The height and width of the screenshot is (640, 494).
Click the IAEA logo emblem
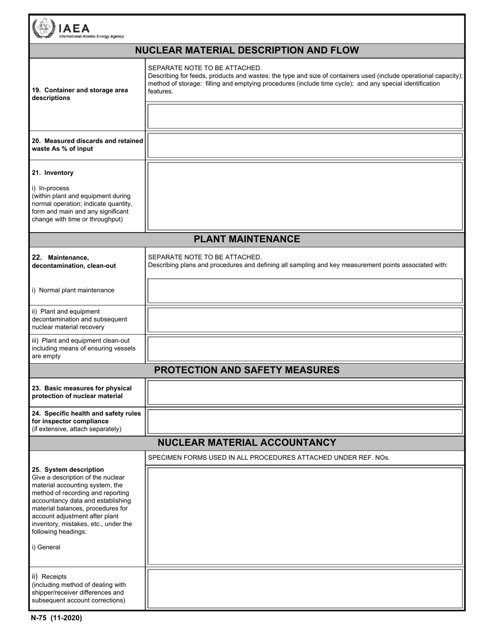pos(43,28)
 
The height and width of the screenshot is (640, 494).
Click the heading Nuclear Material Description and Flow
pos(246,50)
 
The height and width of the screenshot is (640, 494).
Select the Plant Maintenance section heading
pos(246,239)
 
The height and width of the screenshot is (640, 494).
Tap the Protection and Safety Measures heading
pos(246,370)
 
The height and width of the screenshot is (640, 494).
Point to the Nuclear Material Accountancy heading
pos(246,443)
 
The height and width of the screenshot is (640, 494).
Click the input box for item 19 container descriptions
pos(305,116)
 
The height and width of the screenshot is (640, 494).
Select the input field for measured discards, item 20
pos(305,145)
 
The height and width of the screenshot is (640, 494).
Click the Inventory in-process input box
pos(305,196)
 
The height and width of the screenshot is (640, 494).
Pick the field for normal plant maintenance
pos(305,290)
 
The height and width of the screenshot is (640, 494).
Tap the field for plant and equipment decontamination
pos(305,319)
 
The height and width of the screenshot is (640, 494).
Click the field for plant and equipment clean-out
pos(305,349)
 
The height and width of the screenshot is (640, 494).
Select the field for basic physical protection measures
pos(305,392)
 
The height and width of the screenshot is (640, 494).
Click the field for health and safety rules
pos(305,421)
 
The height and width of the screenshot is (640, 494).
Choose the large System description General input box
pos(305,516)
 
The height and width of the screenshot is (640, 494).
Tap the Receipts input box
pos(305,588)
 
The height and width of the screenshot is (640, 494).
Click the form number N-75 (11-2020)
pos(56,618)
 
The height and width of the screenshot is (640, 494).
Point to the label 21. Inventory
pos(53,173)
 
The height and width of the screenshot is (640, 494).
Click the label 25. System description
pos(68,469)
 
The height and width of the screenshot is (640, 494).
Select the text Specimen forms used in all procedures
pos(269,458)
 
